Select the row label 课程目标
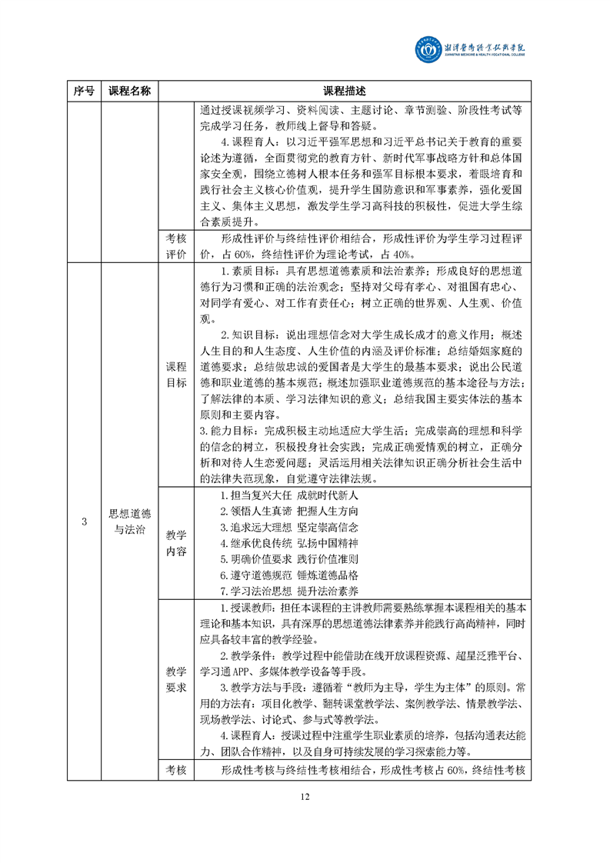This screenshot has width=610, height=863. click(176, 375)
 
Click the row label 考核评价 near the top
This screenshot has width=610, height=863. click(176, 246)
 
